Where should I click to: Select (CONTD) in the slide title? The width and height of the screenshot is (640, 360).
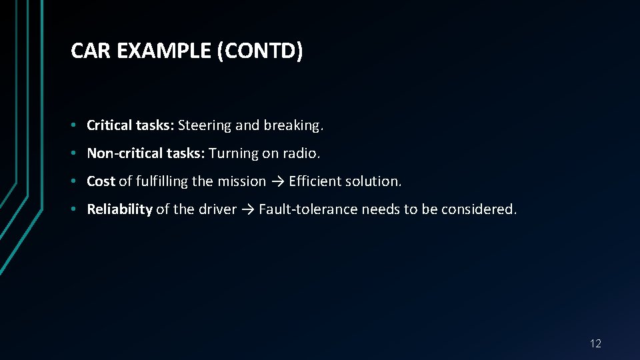tap(260, 51)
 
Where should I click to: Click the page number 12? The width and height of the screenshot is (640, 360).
tap(595, 344)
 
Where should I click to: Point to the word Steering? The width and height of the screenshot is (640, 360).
tap(203, 125)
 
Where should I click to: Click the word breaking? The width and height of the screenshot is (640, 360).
tap(293, 125)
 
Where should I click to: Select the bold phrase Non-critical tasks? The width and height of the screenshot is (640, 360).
tap(146, 153)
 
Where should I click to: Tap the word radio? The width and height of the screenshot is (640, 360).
tap(301, 153)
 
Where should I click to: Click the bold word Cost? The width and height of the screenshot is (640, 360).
tap(101, 181)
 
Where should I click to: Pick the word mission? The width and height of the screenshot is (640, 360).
tap(242, 181)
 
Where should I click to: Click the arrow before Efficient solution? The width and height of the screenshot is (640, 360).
tap(277, 181)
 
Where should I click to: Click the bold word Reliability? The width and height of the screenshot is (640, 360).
tap(119, 209)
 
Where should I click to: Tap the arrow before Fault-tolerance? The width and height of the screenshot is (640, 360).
tap(247, 209)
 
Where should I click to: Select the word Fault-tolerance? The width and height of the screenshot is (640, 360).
tap(308, 209)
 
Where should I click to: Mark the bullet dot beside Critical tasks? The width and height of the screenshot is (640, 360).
tap(78, 125)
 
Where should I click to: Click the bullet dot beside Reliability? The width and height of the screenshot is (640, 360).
tap(78, 209)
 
